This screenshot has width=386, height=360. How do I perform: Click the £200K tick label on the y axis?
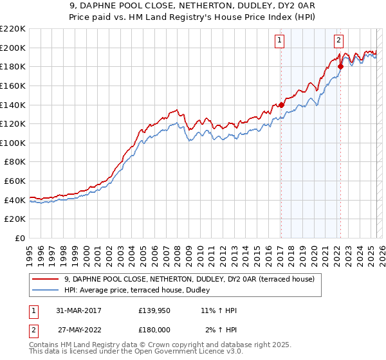13,48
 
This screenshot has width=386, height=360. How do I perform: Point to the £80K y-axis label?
15,162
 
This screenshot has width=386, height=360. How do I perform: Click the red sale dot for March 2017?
281,105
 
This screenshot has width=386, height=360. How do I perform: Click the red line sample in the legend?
46,279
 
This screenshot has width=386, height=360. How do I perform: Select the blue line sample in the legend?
46,290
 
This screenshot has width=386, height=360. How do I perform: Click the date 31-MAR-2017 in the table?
78,310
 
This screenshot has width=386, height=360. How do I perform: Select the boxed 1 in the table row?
33,310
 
